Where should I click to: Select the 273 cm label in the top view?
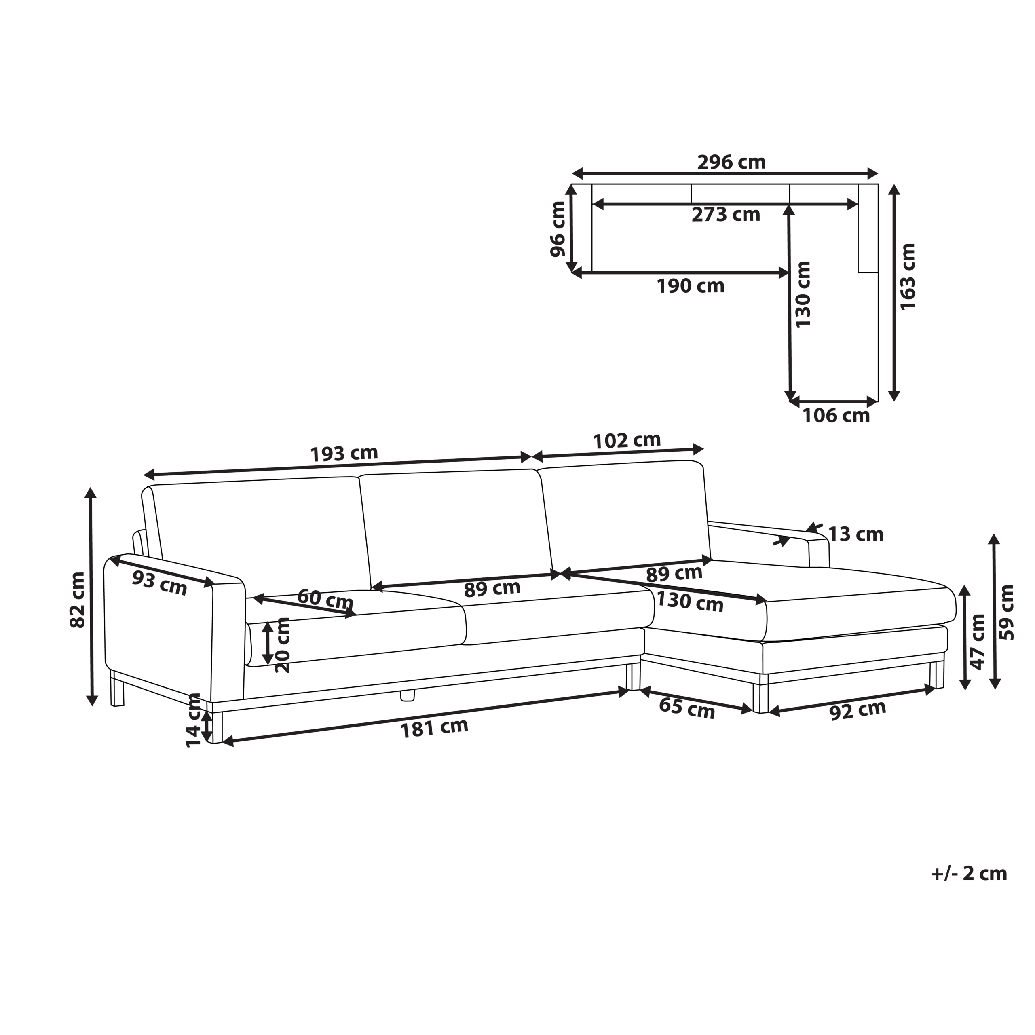tap(726, 214)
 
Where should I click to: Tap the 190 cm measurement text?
tap(691, 286)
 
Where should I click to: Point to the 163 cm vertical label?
tap(908, 277)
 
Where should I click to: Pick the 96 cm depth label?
tap(558, 229)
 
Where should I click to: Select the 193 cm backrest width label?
tap(344, 454)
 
